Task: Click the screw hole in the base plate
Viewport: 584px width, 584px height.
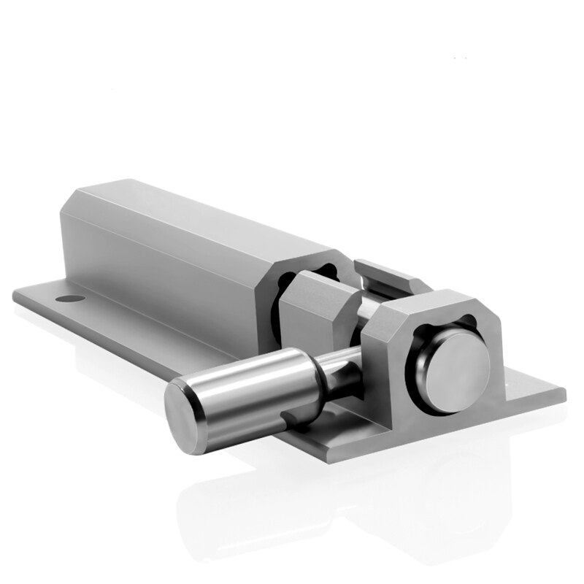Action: pyautogui.click(x=69, y=299)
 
